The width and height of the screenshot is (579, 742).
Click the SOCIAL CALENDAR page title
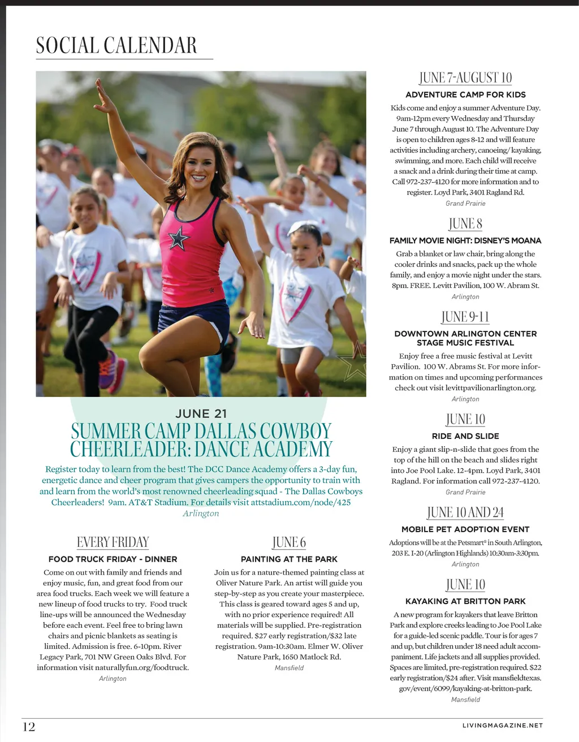pyautogui.click(x=116, y=45)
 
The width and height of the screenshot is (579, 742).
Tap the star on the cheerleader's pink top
pyautogui.click(x=178, y=239)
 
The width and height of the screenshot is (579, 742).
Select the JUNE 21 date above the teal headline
pyautogui.click(x=201, y=413)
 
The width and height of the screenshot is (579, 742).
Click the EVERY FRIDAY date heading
pyautogui.click(x=113, y=542)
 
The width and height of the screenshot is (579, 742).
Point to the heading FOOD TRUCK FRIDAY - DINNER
pyautogui.click(x=113, y=559)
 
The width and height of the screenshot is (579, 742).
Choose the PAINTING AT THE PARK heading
pyautogui.click(x=289, y=559)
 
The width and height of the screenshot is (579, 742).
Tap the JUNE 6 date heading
pyautogui.click(x=289, y=542)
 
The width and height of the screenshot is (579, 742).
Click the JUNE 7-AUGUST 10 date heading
pyautogui.click(x=465, y=77)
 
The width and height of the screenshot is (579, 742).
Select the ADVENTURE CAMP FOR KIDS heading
pyautogui.click(x=465, y=94)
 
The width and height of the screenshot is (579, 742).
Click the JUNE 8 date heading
pyautogui.click(x=465, y=223)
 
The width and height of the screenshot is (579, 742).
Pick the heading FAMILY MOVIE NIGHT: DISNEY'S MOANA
pyautogui.click(x=465, y=240)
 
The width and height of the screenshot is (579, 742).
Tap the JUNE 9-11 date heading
pyautogui.click(x=465, y=317)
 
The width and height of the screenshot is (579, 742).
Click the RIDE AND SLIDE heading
pyautogui.click(x=465, y=436)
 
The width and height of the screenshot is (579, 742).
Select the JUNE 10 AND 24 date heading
pyautogui.click(x=465, y=512)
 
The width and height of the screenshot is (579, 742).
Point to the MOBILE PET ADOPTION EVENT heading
pyautogui.click(x=465, y=529)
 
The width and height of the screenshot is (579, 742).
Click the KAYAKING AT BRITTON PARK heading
pyautogui.click(x=465, y=601)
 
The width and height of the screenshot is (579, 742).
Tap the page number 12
pyautogui.click(x=29, y=727)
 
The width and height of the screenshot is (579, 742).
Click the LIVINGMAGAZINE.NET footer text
pyautogui.click(x=502, y=725)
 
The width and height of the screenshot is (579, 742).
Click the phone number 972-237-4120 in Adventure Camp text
pyautogui.click(x=434, y=182)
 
